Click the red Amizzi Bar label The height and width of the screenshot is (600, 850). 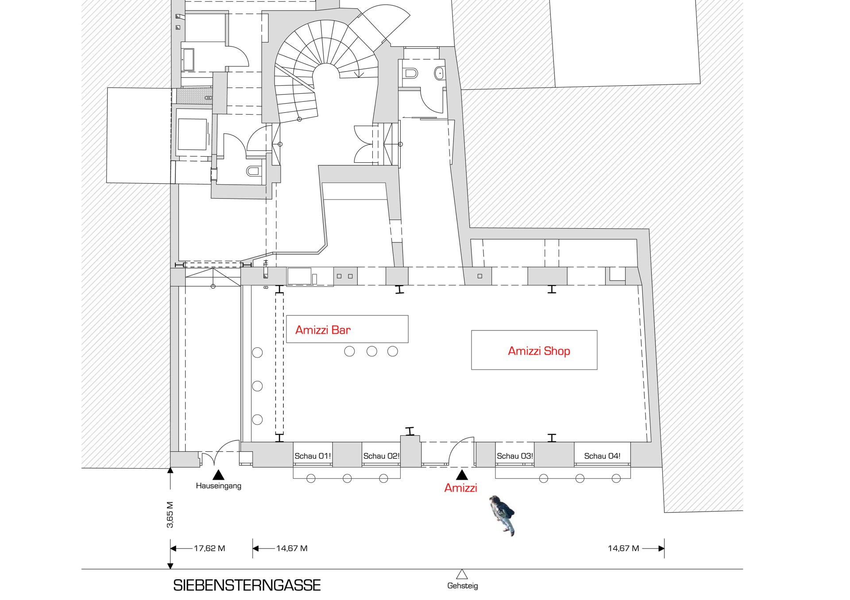pyautogui.click(x=323, y=330)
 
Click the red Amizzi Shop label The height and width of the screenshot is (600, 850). pyautogui.click(x=539, y=351)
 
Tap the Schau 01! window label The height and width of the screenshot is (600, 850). pyautogui.click(x=313, y=456)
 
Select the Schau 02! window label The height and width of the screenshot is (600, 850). pyautogui.click(x=381, y=456)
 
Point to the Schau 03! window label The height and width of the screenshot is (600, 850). pyautogui.click(x=514, y=456)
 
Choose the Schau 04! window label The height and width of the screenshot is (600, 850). pyautogui.click(x=602, y=456)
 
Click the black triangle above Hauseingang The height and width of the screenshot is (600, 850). pyautogui.click(x=218, y=476)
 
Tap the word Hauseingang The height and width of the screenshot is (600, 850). pyautogui.click(x=218, y=486)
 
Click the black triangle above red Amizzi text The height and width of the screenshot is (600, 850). pyautogui.click(x=462, y=476)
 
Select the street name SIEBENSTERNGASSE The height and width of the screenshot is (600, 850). pyautogui.click(x=247, y=585)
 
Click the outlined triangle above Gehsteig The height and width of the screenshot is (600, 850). pyautogui.click(x=462, y=575)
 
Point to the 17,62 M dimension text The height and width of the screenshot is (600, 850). pyautogui.click(x=209, y=548)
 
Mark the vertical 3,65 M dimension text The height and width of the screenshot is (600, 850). pyautogui.click(x=170, y=515)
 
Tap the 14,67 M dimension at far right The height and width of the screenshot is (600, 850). pyautogui.click(x=623, y=548)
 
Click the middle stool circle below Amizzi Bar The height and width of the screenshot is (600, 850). pyautogui.click(x=372, y=351)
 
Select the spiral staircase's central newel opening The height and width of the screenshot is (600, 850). pyautogui.click(x=326, y=75)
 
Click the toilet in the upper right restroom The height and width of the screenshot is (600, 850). pyautogui.click(x=410, y=73)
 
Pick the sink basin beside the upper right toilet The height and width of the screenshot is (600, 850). pyautogui.click(x=439, y=73)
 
